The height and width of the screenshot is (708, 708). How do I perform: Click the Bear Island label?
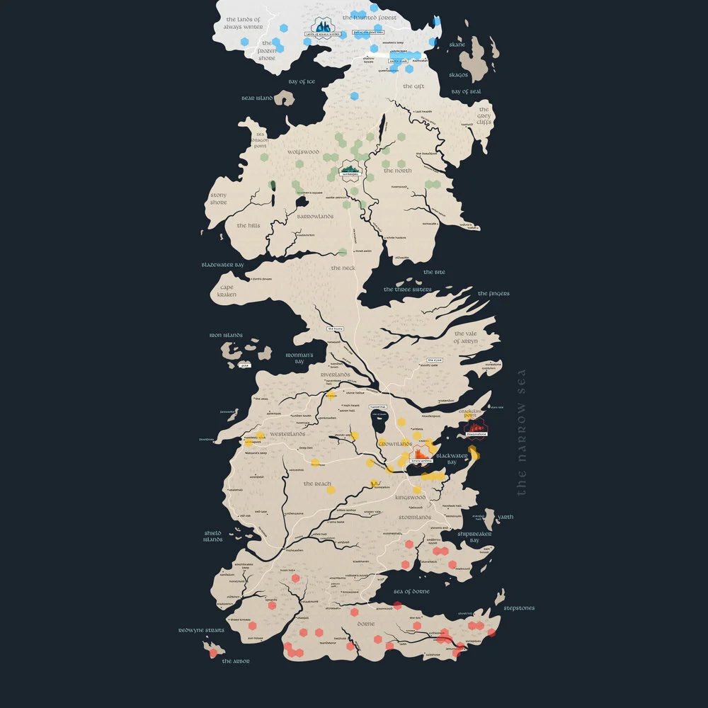(x=257, y=98)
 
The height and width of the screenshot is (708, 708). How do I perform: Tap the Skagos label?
(x=459, y=74)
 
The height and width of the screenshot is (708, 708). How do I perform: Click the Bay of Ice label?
(x=302, y=81)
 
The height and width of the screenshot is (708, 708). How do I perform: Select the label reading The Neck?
(x=343, y=268)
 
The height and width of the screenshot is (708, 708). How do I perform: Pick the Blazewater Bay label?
(x=222, y=265)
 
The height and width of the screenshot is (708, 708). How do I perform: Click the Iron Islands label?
(x=226, y=335)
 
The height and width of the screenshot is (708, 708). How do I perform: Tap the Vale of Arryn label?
(x=466, y=337)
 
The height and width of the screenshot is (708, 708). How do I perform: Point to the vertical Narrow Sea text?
(x=523, y=432)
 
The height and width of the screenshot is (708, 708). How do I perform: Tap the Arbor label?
(x=236, y=661)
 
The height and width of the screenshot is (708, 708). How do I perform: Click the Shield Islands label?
(x=213, y=536)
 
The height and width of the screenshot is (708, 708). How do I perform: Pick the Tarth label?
(x=506, y=517)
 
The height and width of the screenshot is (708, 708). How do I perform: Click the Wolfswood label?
(x=304, y=152)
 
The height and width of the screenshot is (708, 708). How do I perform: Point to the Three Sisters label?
(x=408, y=290)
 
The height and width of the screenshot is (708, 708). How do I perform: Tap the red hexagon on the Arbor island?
(x=213, y=653)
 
